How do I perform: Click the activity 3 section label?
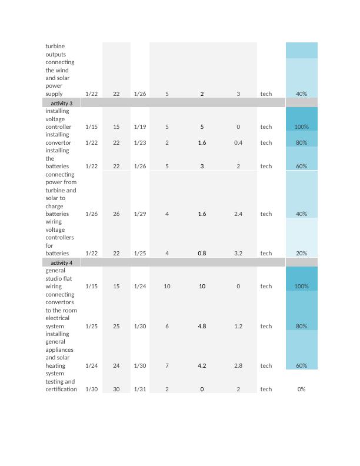[x=62, y=103]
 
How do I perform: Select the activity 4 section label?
[x=62, y=262]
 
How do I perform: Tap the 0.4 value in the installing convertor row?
[x=238, y=142]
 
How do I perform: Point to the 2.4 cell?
[x=238, y=214]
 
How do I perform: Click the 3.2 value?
[x=238, y=254]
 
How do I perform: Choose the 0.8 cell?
[x=202, y=254]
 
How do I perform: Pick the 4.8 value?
[x=202, y=326]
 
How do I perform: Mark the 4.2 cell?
[x=202, y=365]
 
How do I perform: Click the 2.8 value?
[x=238, y=365]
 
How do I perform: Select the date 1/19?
[x=140, y=127]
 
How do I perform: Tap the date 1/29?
[x=140, y=214]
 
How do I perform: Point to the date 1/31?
[x=140, y=389]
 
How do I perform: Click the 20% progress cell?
[x=302, y=254]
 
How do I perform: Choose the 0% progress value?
[x=302, y=389]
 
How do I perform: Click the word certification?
[x=61, y=389]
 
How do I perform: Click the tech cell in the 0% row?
[x=266, y=389]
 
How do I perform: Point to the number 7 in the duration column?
[x=167, y=365]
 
